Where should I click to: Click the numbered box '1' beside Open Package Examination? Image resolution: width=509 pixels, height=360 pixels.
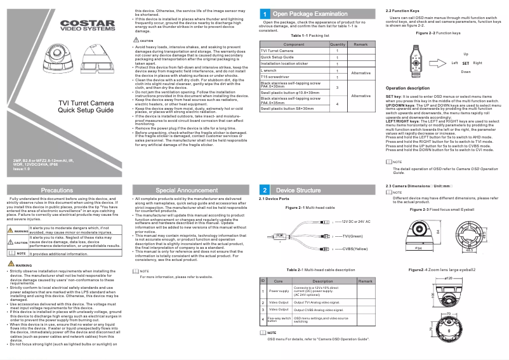pos(264,13)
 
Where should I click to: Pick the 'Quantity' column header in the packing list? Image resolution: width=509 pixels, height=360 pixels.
pos(338,44)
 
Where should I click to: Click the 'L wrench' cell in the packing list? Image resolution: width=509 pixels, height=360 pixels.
pos(270,70)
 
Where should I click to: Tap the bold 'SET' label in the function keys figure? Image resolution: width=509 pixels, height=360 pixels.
pos(466,63)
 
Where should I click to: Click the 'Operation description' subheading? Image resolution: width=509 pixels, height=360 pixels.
pos(412,88)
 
